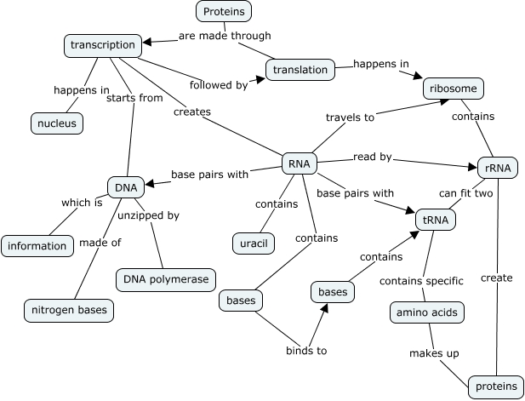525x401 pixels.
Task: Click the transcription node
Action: pyautogui.click(x=102, y=45)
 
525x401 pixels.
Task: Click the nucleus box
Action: pyautogui.click(x=57, y=123)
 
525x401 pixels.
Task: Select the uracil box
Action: pyautogui.click(x=251, y=243)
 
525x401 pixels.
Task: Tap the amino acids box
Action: pyautogui.click(x=427, y=312)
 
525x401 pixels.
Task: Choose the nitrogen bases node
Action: pyautogui.click(x=68, y=309)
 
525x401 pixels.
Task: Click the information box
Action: pyautogui.click(x=37, y=246)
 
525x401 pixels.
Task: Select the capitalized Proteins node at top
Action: pyautogui.click(x=224, y=12)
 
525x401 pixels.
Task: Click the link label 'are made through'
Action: pyautogui.click(x=225, y=36)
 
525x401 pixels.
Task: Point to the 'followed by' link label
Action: pyautogui.click(x=219, y=85)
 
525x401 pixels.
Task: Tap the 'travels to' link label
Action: pyautogui.click(x=350, y=117)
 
